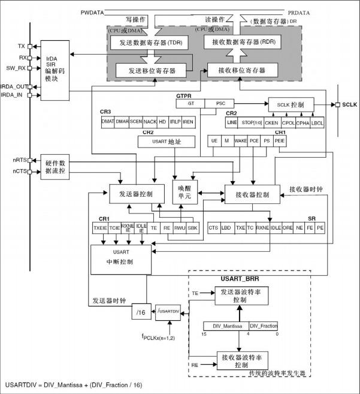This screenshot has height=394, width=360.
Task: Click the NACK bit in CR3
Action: point(149,122)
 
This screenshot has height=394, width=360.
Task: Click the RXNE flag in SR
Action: point(262,228)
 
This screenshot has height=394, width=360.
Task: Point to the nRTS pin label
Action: point(19,160)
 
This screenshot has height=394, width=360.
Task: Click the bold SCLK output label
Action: point(349,104)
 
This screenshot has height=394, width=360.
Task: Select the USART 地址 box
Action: point(167,142)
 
